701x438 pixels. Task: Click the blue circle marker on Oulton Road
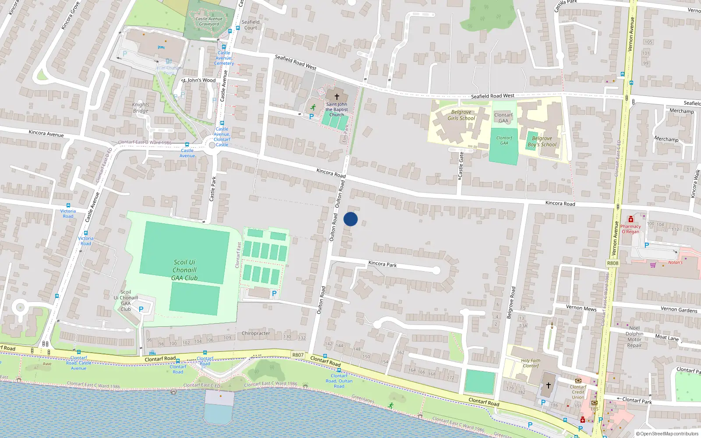click(350, 219)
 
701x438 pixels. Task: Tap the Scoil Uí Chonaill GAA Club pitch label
click(184, 270)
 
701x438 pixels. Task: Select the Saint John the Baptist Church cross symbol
click(337, 96)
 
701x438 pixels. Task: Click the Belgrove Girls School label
click(461, 115)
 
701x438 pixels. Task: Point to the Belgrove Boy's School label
click(542, 141)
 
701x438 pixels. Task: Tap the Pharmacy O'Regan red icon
click(631, 219)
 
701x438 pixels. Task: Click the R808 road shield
click(612, 263)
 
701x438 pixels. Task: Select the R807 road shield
click(298, 355)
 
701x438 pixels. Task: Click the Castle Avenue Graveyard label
click(209, 21)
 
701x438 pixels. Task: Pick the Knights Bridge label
click(141, 108)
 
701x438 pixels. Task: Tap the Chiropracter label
click(256, 333)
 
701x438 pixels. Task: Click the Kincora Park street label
click(382, 264)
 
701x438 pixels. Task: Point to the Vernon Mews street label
click(581, 308)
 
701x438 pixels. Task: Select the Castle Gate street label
click(460, 165)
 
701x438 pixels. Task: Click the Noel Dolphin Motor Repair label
click(634, 336)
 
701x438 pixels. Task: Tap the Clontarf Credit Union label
click(578, 392)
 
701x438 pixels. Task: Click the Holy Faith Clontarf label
click(531, 363)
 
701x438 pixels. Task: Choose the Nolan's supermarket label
click(675, 262)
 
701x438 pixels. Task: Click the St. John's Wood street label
click(199, 80)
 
